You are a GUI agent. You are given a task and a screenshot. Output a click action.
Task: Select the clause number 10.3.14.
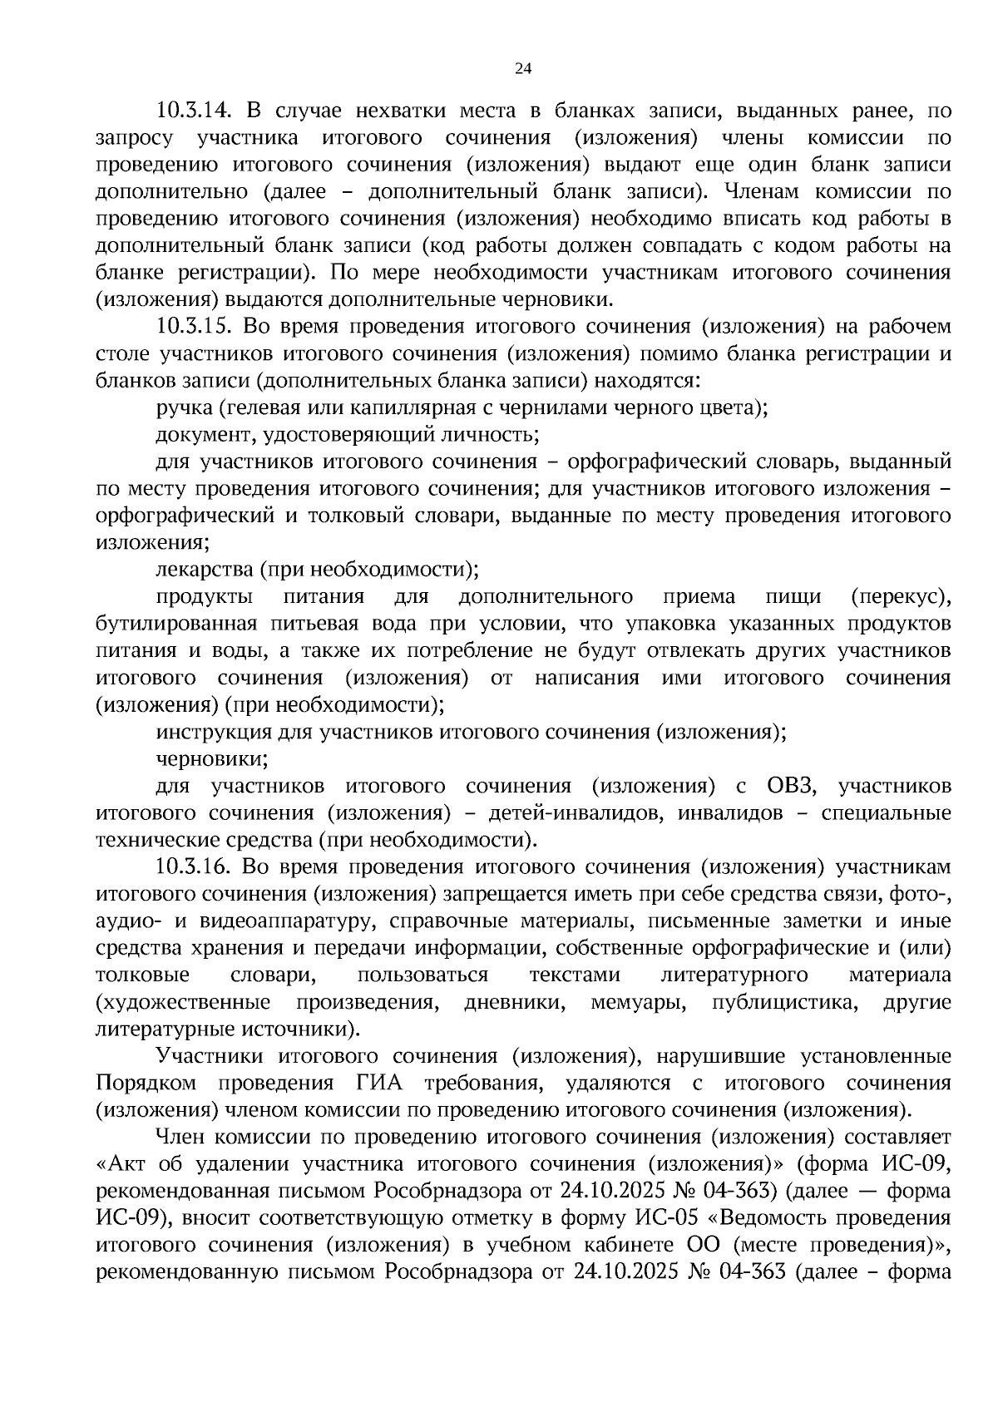[198, 111]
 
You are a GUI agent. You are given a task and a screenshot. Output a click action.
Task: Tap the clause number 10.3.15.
[198, 327]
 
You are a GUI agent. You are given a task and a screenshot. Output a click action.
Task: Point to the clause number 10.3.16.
[198, 867]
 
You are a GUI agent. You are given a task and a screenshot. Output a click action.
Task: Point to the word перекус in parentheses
[901, 597]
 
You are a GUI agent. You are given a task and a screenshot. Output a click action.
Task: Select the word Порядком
[146, 1084]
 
